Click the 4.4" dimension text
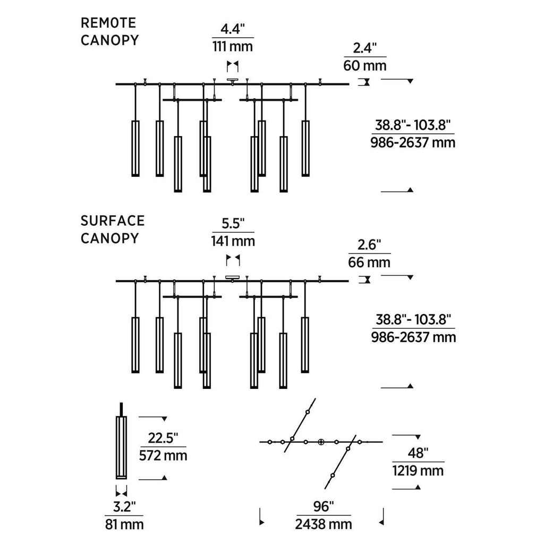click(x=233, y=29)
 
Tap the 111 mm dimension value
click(x=233, y=46)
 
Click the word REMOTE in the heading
click(x=108, y=23)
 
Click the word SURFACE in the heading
click(x=113, y=220)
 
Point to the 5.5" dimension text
click(x=233, y=224)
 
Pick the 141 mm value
click(x=233, y=241)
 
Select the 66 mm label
click(x=369, y=262)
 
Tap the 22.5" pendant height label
click(x=163, y=438)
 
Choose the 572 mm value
click(x=163, y=456)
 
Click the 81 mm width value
click(x=124, y=524)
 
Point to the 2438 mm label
click(x=324, y=524)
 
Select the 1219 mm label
click(x=418, y=470)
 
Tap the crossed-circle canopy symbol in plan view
click(x=321, y=442)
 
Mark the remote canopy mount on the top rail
click(x=233, y=81)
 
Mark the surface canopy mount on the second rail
click(x=233, y=277)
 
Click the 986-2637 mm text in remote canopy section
click(x=413, y=143)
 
